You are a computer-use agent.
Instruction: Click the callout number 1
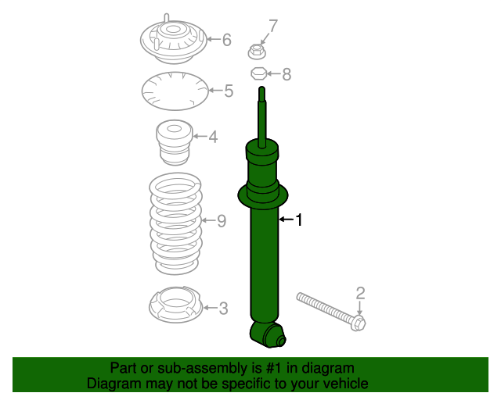[297, 221]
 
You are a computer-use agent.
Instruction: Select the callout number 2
[360, 294]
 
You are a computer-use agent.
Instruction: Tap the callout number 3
[223, 309]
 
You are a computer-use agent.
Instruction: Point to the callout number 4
[213, 137]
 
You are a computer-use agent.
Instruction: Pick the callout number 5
[228, 91]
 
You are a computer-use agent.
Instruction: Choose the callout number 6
[226, 40]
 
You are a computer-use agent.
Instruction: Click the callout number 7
[272, 27]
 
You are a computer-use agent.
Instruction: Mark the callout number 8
[286, 74]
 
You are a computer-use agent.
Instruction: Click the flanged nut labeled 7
[256, 52]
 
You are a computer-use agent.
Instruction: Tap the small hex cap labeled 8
[258, 74]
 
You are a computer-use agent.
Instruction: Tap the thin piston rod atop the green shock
[262, 113]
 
